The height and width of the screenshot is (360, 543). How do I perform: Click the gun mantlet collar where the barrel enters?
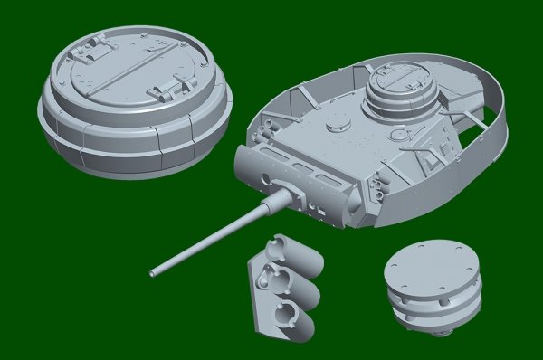(x=282, y=197)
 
